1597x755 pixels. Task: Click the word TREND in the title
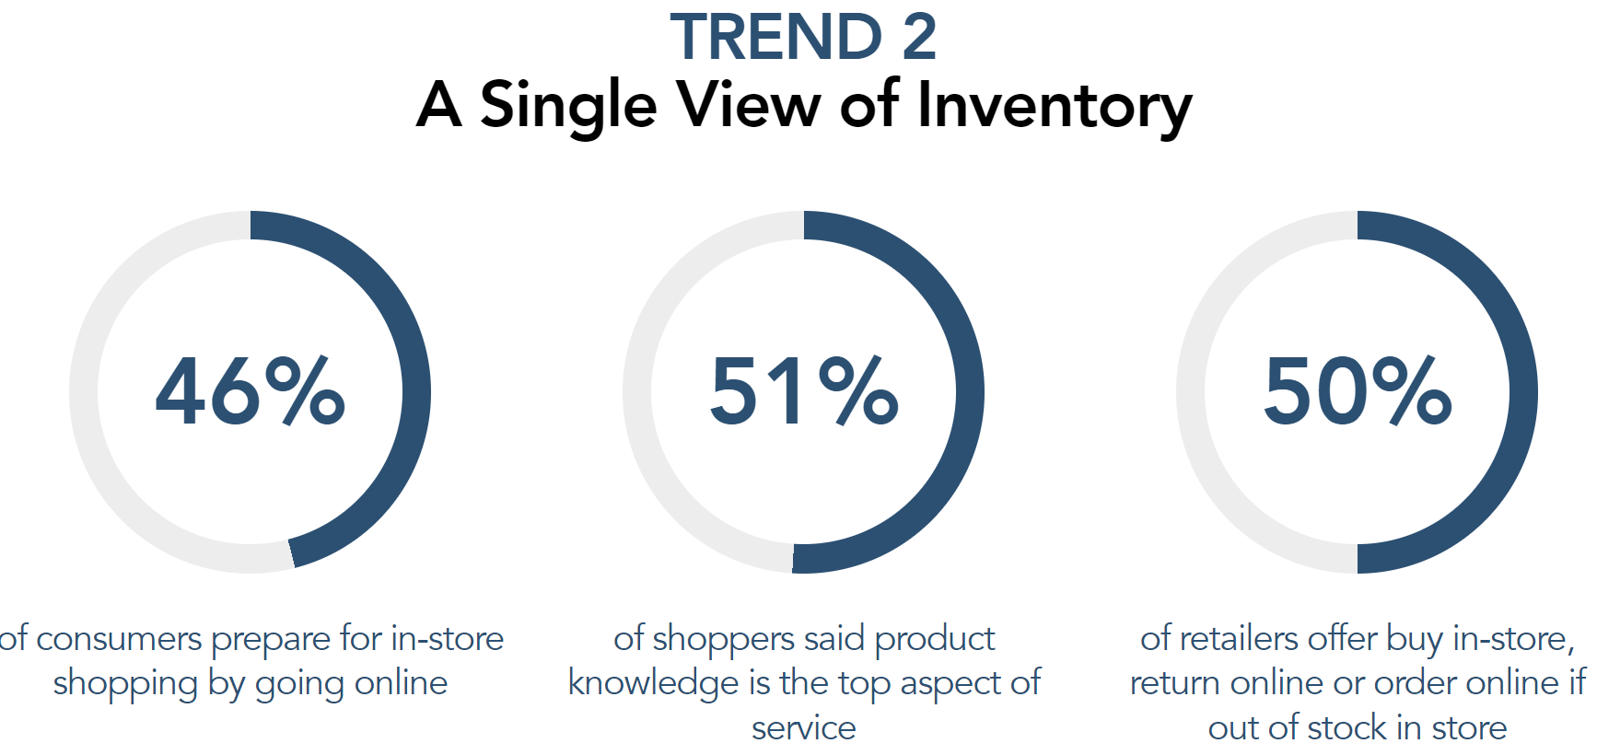tap(776, 38)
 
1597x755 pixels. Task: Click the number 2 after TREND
tap(919, 38)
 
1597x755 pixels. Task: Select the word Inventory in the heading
tap(1055, 106)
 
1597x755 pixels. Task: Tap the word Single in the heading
tap(568, 106)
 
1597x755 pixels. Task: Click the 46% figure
tap(251, 391)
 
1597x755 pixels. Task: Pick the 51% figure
tap(804, 391)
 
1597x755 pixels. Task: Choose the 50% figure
tap(1358, 391)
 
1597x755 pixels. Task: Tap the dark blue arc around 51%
tap(970, 391)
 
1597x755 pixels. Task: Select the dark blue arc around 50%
tap(1523, 391)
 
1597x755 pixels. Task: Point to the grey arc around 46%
tap(84, 391)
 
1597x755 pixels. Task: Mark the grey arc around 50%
tap(1191, 391)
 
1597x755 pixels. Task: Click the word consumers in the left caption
tap(119, 639)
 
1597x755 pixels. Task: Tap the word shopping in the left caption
tap(125, 684)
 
